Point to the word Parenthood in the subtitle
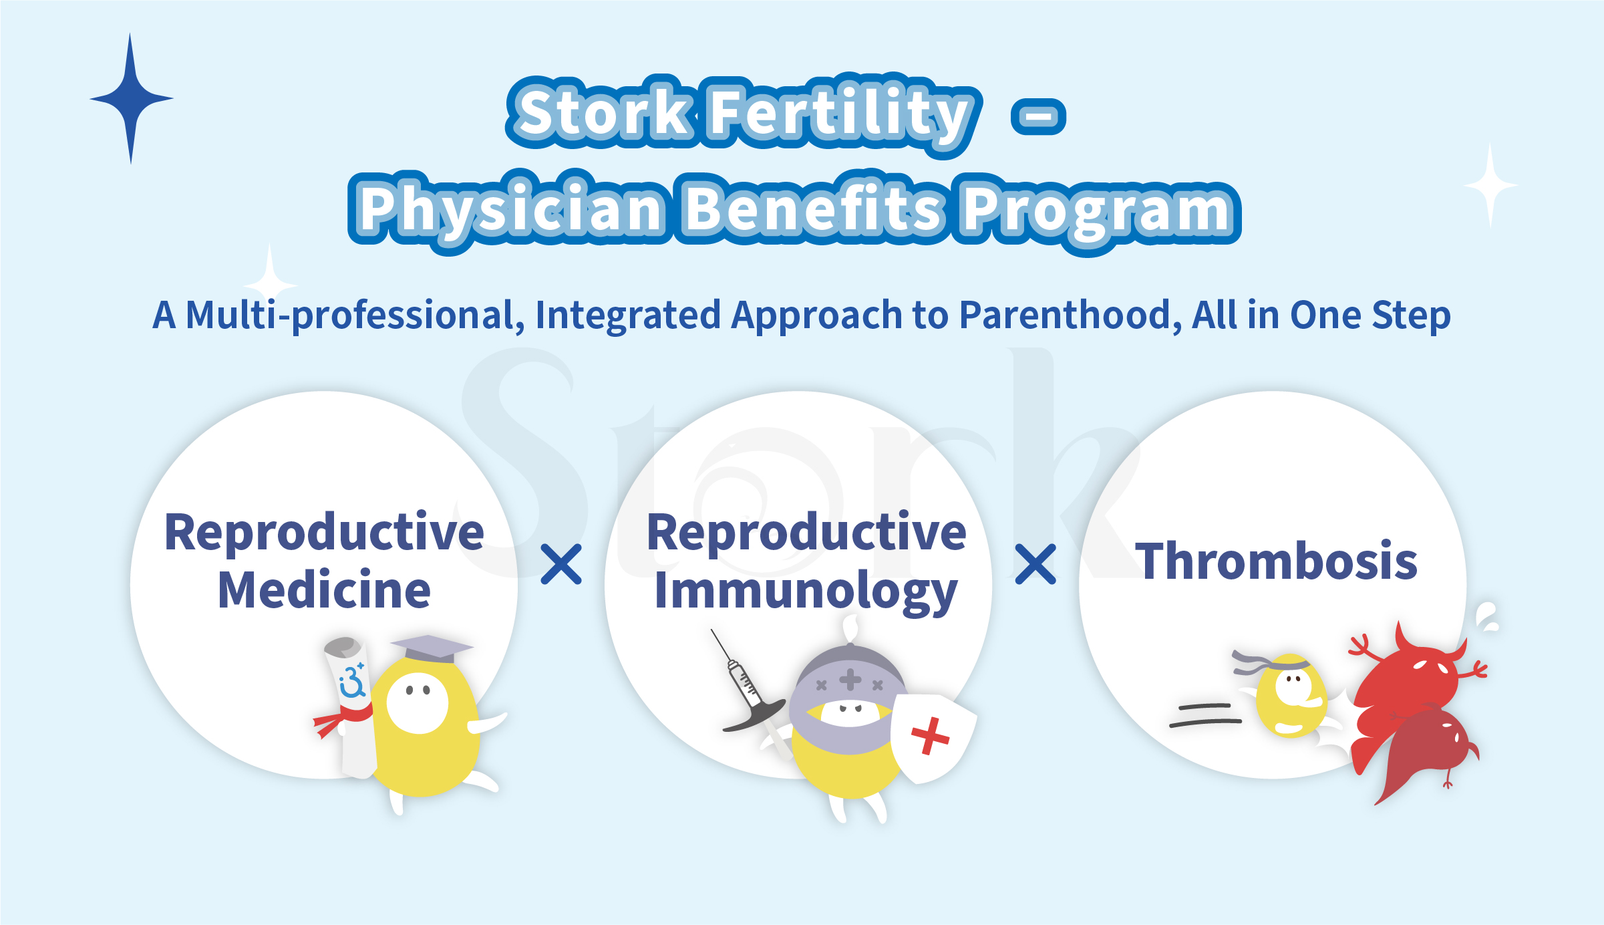[1065, 315]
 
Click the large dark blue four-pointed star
[131, 99]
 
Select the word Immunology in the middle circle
[806, 591]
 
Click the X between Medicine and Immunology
[561, 564]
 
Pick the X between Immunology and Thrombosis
[1035, 564]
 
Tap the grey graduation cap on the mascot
[432, 647]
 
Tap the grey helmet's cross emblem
[850, 680]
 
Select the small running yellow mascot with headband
[1289, 695]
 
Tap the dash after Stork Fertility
[1038, 116]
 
